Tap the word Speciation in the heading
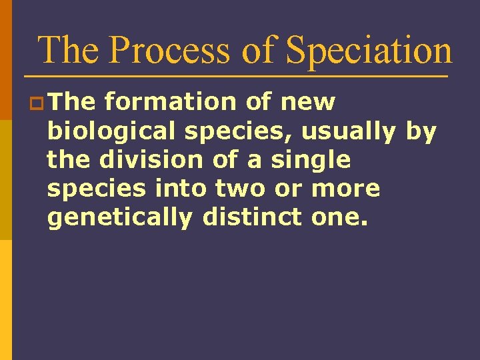[369, 50]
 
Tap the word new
[308, 103]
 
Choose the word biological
[111, 132]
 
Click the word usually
[349, 132]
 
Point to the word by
[421, 132]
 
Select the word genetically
[119, 217]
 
